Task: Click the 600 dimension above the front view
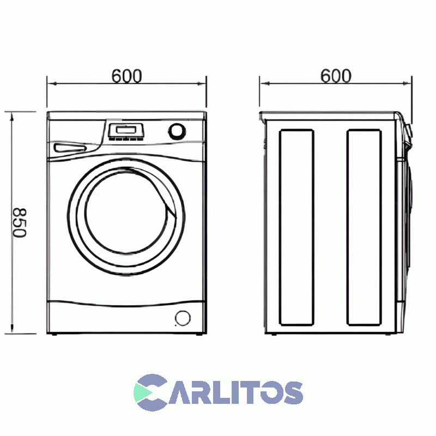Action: click(x=126, y=76)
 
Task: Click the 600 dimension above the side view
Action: click(x=335, y=76)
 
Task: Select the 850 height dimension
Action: click(x=19, y=222)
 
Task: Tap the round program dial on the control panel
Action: click(x=177, y=131)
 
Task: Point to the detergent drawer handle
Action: click(x=70, y=148)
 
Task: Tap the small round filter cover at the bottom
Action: click(x=183, y=318)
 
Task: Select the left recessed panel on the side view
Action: click(x=296, y=227)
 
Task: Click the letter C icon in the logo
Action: click(x=150, y=392)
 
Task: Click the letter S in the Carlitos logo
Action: click(x=290, y=392)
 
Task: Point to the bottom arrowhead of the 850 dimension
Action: click(x=12, y=331)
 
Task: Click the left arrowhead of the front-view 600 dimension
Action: click(x=50, y=83)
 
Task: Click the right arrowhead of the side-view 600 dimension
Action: click(x=408, y=83)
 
